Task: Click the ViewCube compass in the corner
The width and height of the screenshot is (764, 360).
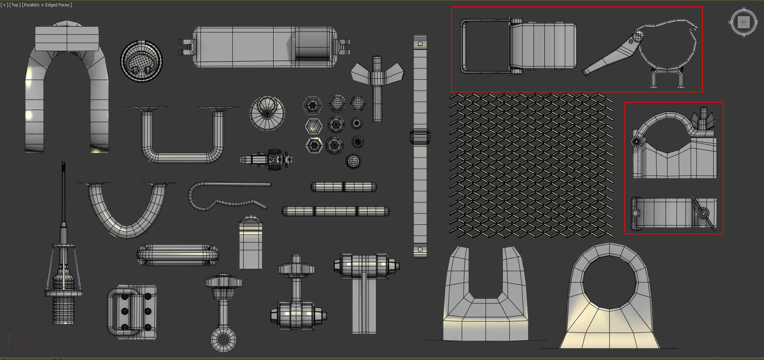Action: [x=743, y=22]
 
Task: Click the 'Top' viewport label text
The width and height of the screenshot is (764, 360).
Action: [x=15, y=5]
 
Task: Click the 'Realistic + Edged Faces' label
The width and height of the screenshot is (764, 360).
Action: [x=47, y=5]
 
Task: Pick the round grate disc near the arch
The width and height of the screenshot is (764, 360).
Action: [x=141, y=61]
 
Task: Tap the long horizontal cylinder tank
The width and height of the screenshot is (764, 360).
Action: [x=263, y=47]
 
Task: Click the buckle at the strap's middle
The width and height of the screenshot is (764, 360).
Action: [x=420, y=137]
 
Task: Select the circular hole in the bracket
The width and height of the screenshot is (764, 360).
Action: [x=610, y=283]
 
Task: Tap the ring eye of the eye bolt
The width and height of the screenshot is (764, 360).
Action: [x=223, y=340]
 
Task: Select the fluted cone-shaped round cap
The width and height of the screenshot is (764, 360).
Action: [x=267, y=113]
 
